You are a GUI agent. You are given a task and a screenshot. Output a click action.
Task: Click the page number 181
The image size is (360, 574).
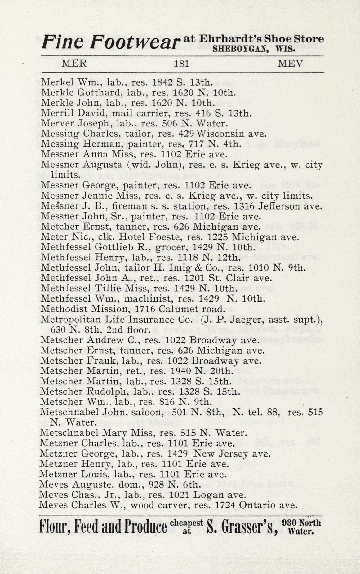point(181,64)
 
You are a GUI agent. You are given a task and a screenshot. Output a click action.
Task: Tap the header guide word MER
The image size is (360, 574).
point(74,64)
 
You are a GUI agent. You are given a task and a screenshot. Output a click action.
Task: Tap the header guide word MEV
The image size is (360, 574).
point(290,64)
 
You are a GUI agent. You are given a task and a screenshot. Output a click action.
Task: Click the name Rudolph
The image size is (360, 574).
point(104,391)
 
